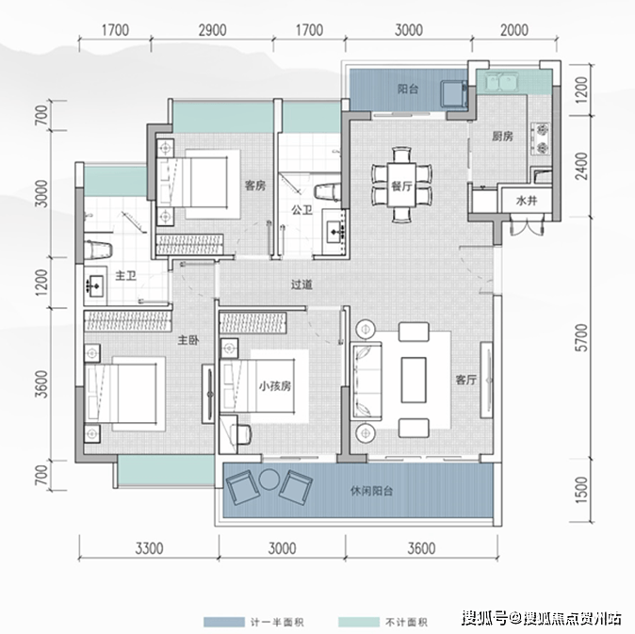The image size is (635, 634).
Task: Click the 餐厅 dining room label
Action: point(401,186)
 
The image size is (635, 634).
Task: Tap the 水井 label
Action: point(527,201)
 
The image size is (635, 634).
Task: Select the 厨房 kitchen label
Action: point(502,137)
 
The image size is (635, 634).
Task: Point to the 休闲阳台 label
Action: point(371,491)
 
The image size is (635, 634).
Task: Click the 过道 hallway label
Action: point(301,284)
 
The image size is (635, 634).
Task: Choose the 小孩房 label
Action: point(275,386)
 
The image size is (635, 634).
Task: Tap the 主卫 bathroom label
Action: point(125,276)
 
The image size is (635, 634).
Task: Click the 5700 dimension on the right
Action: point(581,337)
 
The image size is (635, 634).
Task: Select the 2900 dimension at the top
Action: point(212,30)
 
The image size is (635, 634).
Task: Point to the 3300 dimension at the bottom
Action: point(149,548)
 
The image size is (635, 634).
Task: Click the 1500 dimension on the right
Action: point(581,490)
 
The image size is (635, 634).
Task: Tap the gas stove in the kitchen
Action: point(542,138)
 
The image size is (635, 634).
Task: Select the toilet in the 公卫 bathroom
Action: point(328,192)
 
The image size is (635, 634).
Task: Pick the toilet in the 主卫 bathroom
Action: point(98,250)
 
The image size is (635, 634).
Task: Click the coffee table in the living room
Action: point(414,380)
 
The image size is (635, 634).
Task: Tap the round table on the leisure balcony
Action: point(269,480)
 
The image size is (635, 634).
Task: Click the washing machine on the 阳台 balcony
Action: point(454,93)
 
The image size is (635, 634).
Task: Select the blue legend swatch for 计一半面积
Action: point(224,622)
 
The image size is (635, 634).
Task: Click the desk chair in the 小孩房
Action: point(240,434)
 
